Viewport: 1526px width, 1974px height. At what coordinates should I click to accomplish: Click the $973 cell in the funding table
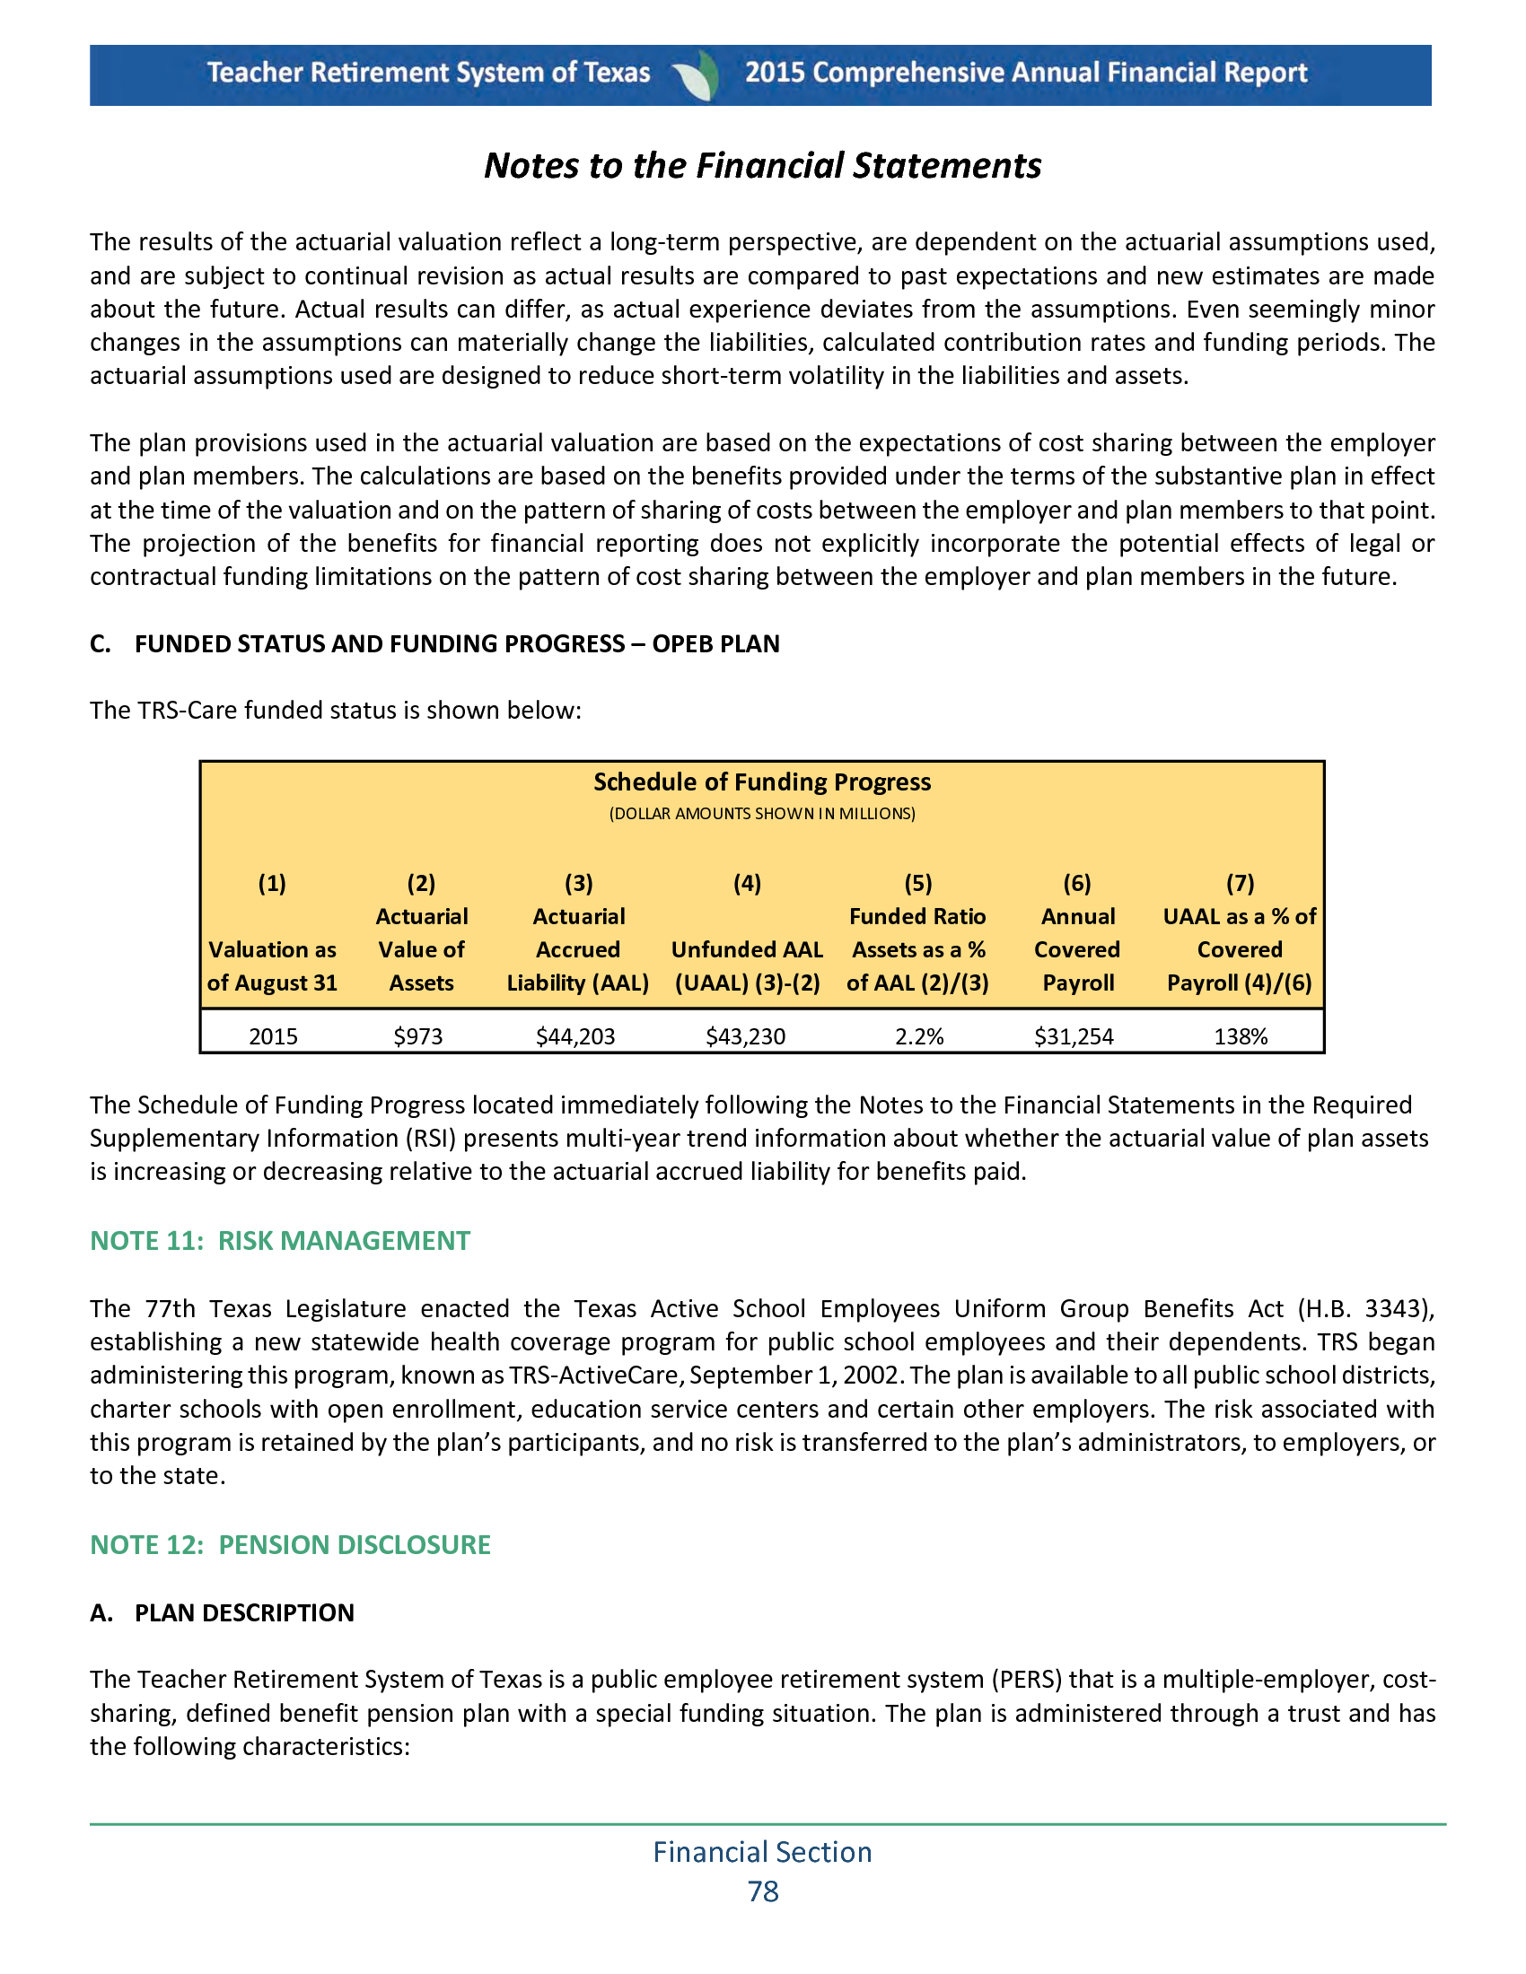pos(417,1035)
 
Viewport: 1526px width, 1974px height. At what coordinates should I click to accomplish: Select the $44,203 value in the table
pos(575,1035)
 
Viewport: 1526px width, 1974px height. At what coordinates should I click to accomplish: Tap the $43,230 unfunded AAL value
pos(745,1035)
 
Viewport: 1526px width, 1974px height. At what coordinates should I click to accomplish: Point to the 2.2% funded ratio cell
pos(918,1035)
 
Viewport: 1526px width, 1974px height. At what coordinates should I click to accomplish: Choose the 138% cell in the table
pos(1241,1035)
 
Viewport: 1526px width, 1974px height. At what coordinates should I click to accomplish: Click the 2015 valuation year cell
pos(273,1035)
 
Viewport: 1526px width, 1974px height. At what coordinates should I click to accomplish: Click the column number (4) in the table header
pos(747,883)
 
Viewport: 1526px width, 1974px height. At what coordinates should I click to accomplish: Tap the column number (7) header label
pos(1240,883)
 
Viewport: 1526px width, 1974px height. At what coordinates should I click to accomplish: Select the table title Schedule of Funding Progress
pos(761,782)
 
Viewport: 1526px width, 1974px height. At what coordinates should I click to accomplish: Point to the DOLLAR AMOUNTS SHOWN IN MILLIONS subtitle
pos(761,814)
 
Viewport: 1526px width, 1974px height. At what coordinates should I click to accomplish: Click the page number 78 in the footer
pos(763,1891)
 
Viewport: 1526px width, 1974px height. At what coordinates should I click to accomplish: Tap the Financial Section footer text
pos(762,1852)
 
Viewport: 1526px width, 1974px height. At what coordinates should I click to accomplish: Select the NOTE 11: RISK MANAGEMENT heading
pos(280,1240)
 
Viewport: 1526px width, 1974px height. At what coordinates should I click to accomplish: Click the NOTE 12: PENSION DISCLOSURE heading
pos(290,1545)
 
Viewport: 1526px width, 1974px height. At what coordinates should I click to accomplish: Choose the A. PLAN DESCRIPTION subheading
pos(223,1612)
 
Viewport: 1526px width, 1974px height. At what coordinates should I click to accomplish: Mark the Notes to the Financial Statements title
pos(762,166)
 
